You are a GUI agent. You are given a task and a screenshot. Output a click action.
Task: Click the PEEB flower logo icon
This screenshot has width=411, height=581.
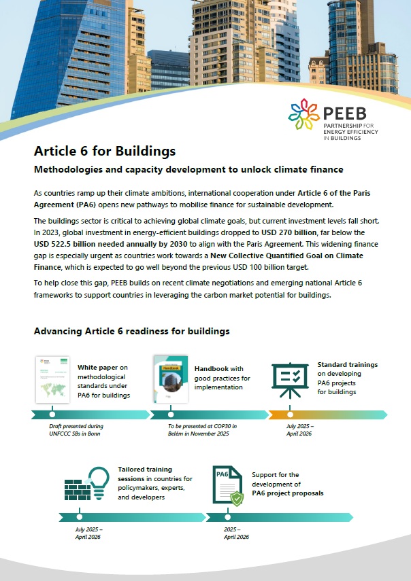tap(303, 113)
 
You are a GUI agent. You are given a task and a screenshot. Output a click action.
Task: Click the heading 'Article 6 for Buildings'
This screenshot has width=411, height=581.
tap(105, 151)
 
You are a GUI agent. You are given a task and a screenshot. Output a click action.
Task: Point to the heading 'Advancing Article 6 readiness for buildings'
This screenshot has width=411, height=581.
tap(131, 331)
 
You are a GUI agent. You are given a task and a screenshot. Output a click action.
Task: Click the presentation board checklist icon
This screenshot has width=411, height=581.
tap(291, 379)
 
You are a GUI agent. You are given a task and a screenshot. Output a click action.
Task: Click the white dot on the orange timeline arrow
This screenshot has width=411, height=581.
tap(290, 414)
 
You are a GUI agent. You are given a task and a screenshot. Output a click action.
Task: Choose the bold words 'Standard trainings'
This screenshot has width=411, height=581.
tap(347, 364)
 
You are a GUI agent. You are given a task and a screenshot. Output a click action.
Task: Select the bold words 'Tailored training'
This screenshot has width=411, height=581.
tap(145, 469)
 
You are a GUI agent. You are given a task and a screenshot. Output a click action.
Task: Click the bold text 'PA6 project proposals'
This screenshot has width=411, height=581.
tap(288, 493)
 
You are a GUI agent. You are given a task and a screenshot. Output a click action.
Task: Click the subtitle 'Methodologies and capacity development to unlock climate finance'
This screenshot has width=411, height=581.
tap(188, 169)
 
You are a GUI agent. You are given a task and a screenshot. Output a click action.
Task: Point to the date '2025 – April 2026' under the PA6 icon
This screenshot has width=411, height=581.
tap(236, 532)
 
